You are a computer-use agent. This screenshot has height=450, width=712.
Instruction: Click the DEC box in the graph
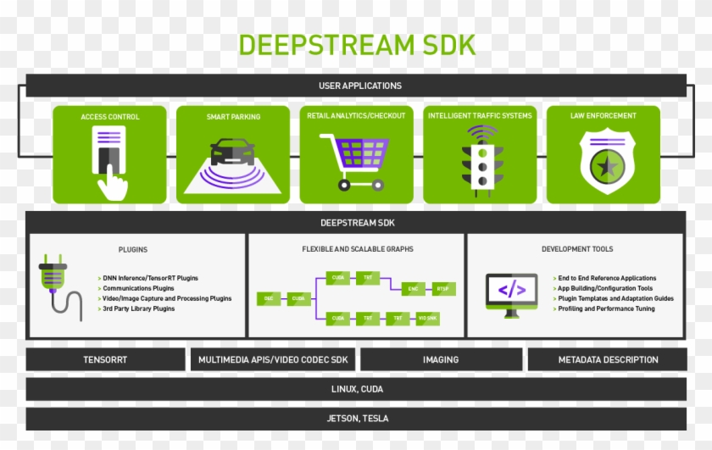pyautogui.click(x=268, y=298)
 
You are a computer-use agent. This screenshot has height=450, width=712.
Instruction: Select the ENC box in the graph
pyautogui.click(x=414, y=288)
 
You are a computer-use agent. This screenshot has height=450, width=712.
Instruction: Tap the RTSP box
pyautogui.click(x=443, y=288)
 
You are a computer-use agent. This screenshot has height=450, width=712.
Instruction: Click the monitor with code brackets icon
pyautogui.click(x=511, y=293)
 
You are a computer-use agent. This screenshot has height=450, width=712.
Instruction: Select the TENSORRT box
pyautogui.click(x=105, y=359)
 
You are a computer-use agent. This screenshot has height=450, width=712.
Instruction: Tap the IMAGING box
pyautogui.click(x=441, y=359)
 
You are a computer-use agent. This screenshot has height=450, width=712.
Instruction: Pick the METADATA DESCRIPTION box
pyautogui.click(x=607, y=359)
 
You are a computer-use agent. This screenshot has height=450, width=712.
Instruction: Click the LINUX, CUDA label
pyautogui.click(x=357, y=389)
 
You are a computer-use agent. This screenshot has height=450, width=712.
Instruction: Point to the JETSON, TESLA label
pyautogui.click(x=357, y=419)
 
